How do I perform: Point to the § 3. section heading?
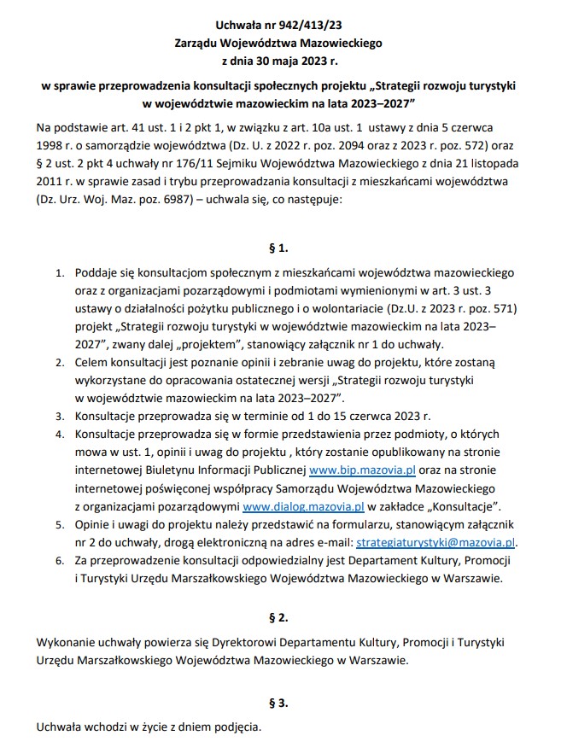coord(278,703)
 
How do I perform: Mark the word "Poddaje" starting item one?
coord(97,273)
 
